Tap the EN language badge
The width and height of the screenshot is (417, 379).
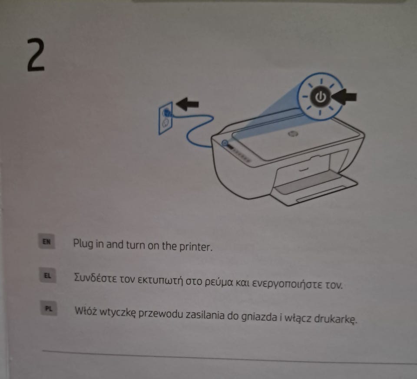tap(47, 241)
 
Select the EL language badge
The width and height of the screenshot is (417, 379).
tap(48, 275)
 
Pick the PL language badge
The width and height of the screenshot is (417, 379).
tap(49, 308)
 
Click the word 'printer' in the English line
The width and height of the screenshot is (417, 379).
tap(196, 247)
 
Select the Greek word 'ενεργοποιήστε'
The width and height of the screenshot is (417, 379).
tap(287, 284)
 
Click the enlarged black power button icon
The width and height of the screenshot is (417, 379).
tap(321, 97)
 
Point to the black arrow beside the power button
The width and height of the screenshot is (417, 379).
tap(344, 97)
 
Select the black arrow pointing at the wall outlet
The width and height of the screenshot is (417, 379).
tap(188, 103)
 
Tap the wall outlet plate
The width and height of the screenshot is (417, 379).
tap(165, 119)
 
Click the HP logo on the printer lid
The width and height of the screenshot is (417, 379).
tap(293, 133)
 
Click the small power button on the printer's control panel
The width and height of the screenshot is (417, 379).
tap(225, 143)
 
